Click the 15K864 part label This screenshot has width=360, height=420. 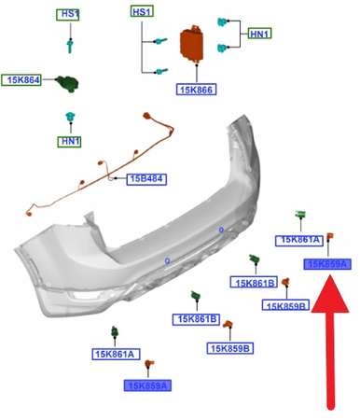[x=21, y=81]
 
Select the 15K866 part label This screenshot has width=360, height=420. [x=196, y=90]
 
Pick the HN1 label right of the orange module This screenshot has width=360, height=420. [x=259, y=35]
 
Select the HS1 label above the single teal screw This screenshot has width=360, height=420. [x=68, y=14]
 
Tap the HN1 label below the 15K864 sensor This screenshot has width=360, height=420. [x=69, y=141]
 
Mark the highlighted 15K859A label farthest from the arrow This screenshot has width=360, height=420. [x=146, y=385]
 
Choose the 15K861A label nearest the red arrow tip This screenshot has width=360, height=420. [x=298, y=240]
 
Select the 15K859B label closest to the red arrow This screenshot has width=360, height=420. [x=286, y=305]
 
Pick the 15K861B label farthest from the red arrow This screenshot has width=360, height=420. [x=195, y=319]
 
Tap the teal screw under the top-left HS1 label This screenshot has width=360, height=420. [x=68, y=44]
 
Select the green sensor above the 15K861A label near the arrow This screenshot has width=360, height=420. [x=301, y=217]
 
